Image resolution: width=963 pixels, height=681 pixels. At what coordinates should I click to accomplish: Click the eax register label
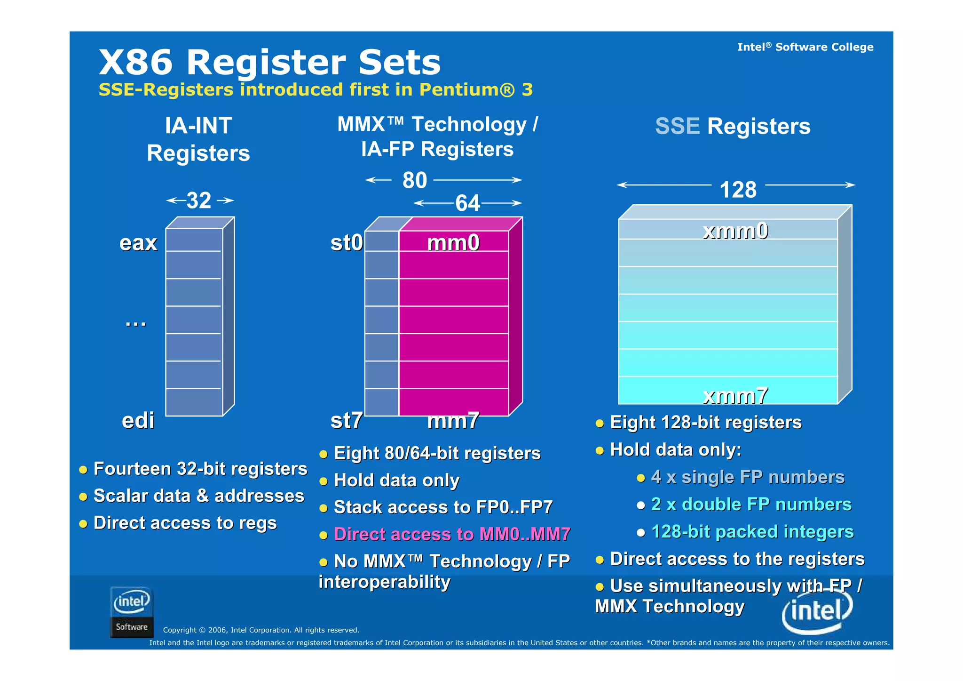[x=138, y=243]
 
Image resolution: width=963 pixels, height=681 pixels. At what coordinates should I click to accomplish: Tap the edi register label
[x=138, y=420]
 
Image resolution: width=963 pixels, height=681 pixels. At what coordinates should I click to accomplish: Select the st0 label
[x=347, y=243]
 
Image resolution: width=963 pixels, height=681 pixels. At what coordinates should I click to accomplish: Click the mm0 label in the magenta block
[x=453, y=243]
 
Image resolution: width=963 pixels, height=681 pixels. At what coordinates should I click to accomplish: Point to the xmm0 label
[x=735, y=231]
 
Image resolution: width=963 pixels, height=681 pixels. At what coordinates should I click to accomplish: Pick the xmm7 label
[x=735, y=396]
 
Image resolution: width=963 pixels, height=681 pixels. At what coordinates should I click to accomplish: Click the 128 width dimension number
[x=738, y=190]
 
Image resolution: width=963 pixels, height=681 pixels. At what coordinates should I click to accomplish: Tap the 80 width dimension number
[x=414, y=180]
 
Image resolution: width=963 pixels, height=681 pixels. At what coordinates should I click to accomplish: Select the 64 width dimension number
[x=467, y=203]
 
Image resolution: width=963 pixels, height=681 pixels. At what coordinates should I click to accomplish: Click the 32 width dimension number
[x=199, y=200]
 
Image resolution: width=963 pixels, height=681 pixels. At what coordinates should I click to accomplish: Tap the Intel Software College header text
[x=805, y=47]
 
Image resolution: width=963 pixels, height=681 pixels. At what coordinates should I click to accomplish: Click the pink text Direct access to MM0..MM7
[x=451, y=534]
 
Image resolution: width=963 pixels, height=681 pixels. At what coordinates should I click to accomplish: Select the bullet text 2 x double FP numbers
[x=751, y=505]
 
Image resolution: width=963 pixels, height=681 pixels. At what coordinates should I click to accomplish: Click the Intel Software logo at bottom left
[x=132, y=612]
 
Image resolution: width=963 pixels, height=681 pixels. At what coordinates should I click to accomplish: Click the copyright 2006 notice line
[x=261, y=630]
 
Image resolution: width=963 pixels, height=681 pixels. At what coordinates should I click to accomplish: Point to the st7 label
[x=347, y=420]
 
